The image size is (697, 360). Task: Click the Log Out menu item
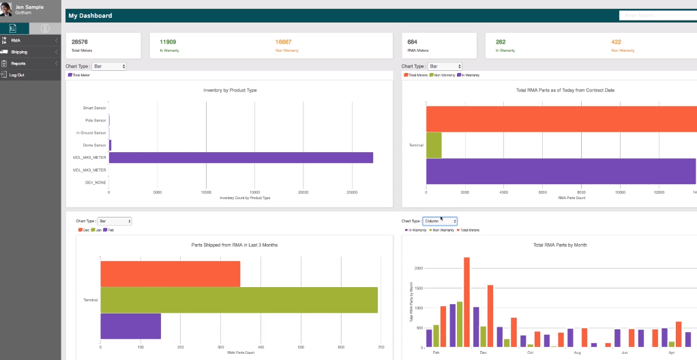17,75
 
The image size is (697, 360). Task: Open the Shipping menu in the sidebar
19,52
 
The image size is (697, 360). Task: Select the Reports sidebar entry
18,63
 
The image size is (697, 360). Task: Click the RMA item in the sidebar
15,40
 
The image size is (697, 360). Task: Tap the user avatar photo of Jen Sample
7,10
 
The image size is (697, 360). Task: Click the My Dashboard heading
91,16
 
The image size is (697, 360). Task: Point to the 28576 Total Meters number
80,42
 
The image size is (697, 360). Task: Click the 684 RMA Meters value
414,42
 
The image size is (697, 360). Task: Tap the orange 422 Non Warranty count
617,42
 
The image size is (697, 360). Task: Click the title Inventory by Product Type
230,90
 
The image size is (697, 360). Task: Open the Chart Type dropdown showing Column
439,221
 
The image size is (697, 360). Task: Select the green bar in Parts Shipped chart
239,300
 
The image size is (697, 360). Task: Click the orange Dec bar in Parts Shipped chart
170,273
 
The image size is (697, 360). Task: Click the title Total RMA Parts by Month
552,245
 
